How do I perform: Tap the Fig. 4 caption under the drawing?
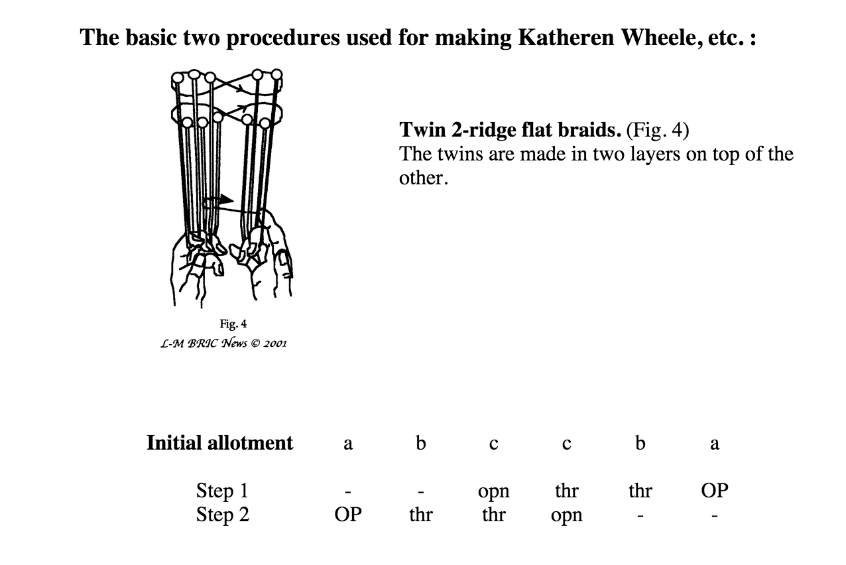tap(233, 324)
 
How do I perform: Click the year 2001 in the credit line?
tap(271, 343)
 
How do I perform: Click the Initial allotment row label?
tap(219, 442)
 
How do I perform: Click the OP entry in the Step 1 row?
tap(714, 491)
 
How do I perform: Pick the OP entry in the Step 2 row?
tap(347, 515)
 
